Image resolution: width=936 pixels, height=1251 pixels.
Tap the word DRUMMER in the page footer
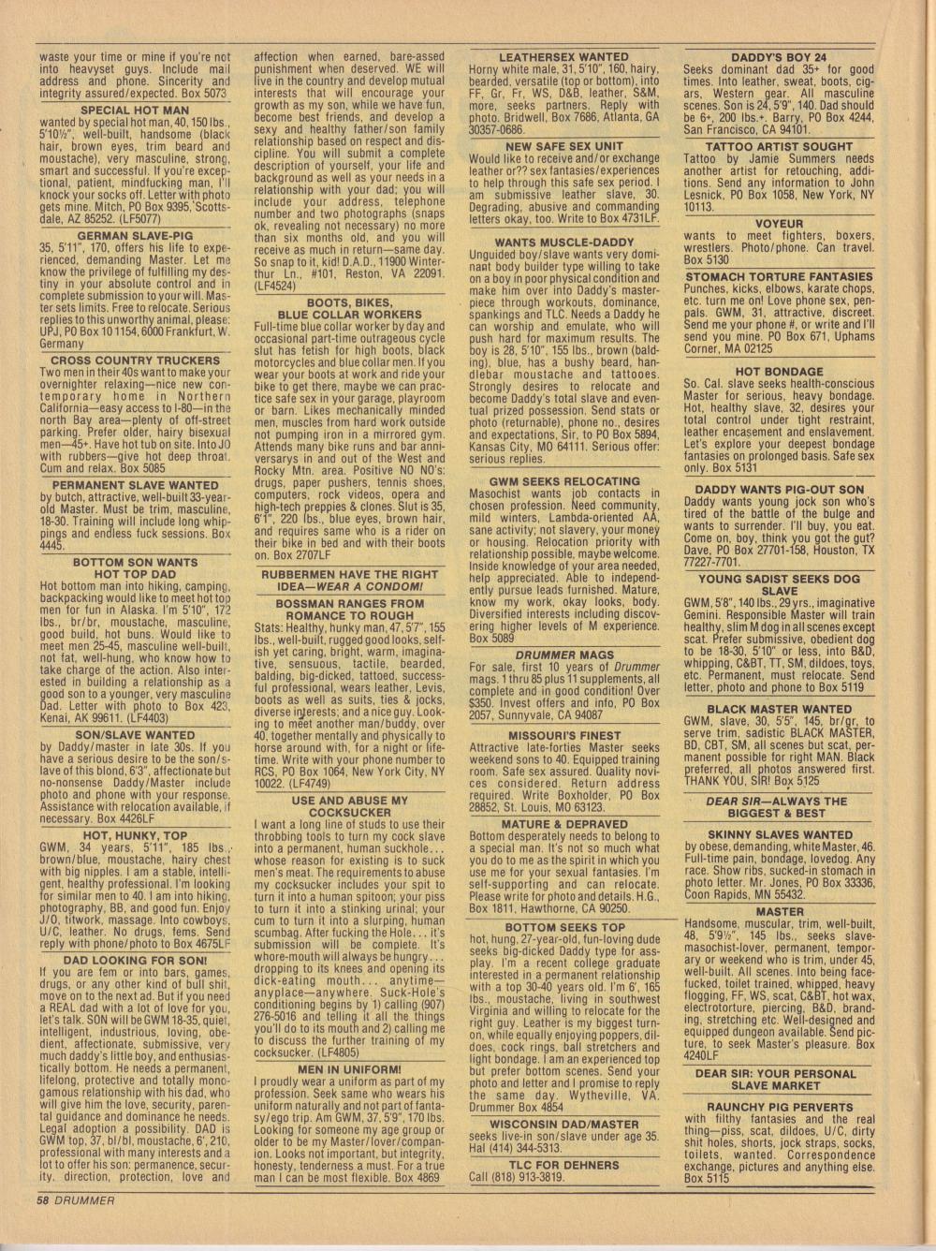pos(83,1200)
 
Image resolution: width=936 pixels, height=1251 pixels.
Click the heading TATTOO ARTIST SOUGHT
pos(779,147)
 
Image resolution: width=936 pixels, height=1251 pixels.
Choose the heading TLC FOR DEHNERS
pos(564,1165)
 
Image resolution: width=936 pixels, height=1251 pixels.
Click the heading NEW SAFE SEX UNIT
pos(564,147)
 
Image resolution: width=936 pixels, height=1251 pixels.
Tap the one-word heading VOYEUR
pos(779,224)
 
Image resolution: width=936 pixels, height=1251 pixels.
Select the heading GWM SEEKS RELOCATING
pos(564,481)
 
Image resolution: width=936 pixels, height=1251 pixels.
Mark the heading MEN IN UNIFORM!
pos(350,1068)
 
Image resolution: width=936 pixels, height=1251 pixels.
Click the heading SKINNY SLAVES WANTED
pos(779,834)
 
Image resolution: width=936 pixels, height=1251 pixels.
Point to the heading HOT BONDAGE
pos(779,372)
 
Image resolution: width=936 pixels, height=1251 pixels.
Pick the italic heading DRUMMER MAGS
pos(564,655)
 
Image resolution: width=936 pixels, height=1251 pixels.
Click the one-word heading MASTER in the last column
pos(779,911)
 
